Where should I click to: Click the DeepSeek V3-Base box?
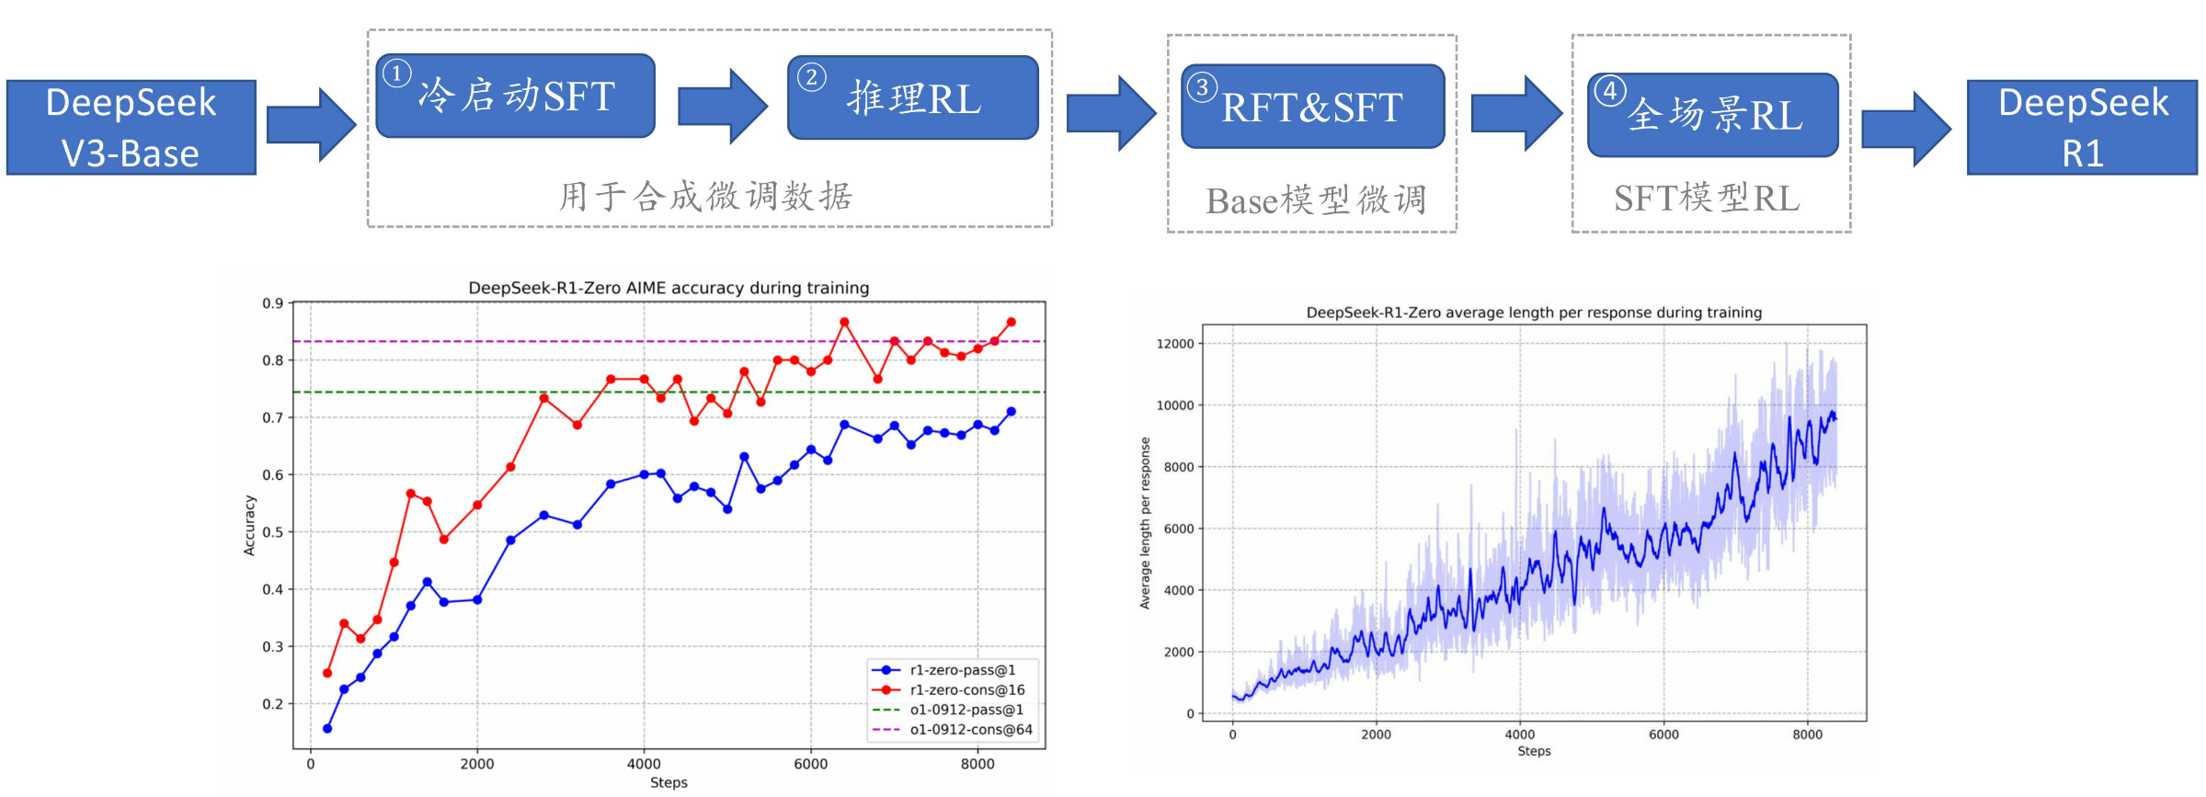click(131, 128)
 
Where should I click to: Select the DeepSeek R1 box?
click(2082, 128)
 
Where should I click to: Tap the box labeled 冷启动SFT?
click(515, 97)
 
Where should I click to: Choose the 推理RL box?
click(912, 98)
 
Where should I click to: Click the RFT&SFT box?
click(1312, 107)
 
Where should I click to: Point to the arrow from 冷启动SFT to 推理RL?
click(722, 106)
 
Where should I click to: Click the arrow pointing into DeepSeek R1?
click(1905, 129)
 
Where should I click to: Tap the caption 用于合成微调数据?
click(706, 196)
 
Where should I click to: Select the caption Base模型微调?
click(1316, 200)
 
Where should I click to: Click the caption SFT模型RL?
click(1707, 199)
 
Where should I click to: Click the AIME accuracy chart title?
click(669, 288)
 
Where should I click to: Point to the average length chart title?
click(1534, 313)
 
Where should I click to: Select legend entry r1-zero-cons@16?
click(966, 689)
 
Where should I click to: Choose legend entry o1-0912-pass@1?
click(966, 710)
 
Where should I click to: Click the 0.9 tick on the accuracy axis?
click(272, 303)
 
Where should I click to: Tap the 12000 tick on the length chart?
click(1174, 344)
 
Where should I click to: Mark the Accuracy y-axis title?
click(249, 525)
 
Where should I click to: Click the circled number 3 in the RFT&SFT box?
click(1201, 87)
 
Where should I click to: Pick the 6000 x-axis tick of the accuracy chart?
click(810, 764)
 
